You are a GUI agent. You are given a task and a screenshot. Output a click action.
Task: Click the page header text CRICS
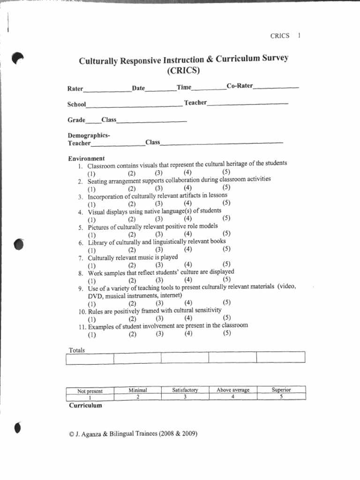[280, 36]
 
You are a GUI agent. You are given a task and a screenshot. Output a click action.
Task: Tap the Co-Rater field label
[240, 86]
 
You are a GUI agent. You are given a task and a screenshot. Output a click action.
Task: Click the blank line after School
[134, 105]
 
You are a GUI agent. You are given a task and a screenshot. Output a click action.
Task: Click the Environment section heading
[87, 158]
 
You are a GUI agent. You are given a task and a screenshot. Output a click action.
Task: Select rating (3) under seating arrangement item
[159, 188]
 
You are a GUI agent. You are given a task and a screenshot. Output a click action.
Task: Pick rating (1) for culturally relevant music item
[91, 265]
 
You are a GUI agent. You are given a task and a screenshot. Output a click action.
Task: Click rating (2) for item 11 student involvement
[132, 334]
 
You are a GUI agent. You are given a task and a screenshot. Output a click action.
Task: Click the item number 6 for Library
[81, 243]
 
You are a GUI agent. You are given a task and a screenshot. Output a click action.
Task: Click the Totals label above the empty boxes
[77, 350]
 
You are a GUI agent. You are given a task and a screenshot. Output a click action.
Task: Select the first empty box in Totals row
[90, 359]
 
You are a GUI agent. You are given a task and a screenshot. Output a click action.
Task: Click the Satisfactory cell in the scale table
[185, 390]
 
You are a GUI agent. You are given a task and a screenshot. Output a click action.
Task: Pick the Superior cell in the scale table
[281, 390]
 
